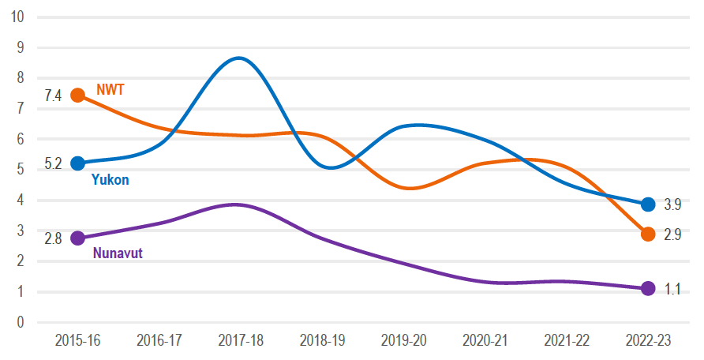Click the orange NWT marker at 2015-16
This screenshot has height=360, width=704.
click(77, 95)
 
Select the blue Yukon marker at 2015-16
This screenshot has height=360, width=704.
click(77, 163)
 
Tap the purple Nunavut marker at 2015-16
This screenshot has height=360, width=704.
click(77, 238)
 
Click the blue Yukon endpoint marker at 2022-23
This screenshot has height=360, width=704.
click(648, 204)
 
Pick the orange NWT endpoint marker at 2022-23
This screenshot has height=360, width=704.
click(648, 234)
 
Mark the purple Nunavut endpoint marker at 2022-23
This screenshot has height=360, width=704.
click(648, 288)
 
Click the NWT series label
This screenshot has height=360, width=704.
click(110, 89)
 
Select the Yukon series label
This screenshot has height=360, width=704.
click(110, 180)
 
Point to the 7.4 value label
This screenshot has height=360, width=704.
click(53, 96)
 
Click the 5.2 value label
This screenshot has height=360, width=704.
click(53, 164)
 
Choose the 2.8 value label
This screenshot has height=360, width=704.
click(53, 238)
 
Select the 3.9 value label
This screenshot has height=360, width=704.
click(672, 204)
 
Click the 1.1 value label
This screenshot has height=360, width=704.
click(672, 289)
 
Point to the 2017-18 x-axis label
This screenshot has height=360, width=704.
click(241, 340)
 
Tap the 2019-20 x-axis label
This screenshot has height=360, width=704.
click(403, 340)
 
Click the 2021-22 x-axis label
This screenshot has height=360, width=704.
click(567, 340)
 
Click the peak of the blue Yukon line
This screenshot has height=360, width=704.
click(239, 58)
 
